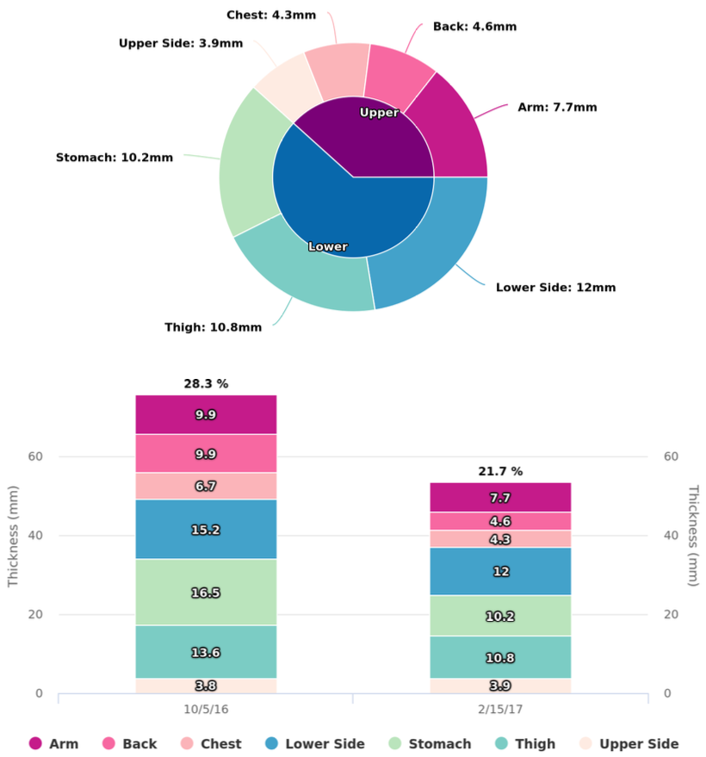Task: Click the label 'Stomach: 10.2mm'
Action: point(115,158)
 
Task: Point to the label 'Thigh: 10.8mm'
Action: point(213,327)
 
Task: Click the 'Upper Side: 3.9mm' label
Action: point(181,43)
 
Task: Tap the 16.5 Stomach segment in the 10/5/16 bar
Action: point(206,593)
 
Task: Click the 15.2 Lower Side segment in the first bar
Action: point(206,530)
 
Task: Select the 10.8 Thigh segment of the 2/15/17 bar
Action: point(500,658)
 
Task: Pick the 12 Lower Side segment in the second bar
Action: point(500,571)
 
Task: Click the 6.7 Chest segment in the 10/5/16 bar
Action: point(206,486)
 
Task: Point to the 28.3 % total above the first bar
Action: point(206,383)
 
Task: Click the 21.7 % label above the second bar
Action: point(500,471)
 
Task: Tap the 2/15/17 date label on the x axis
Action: point(500,711)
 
